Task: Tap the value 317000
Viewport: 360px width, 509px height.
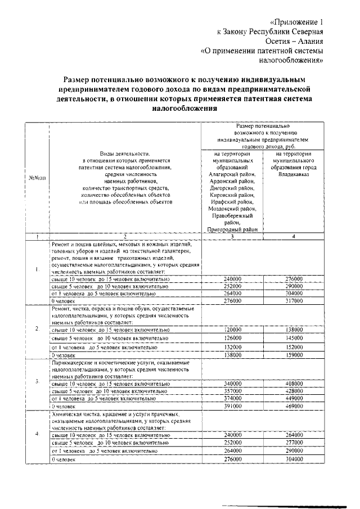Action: [294, 301]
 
